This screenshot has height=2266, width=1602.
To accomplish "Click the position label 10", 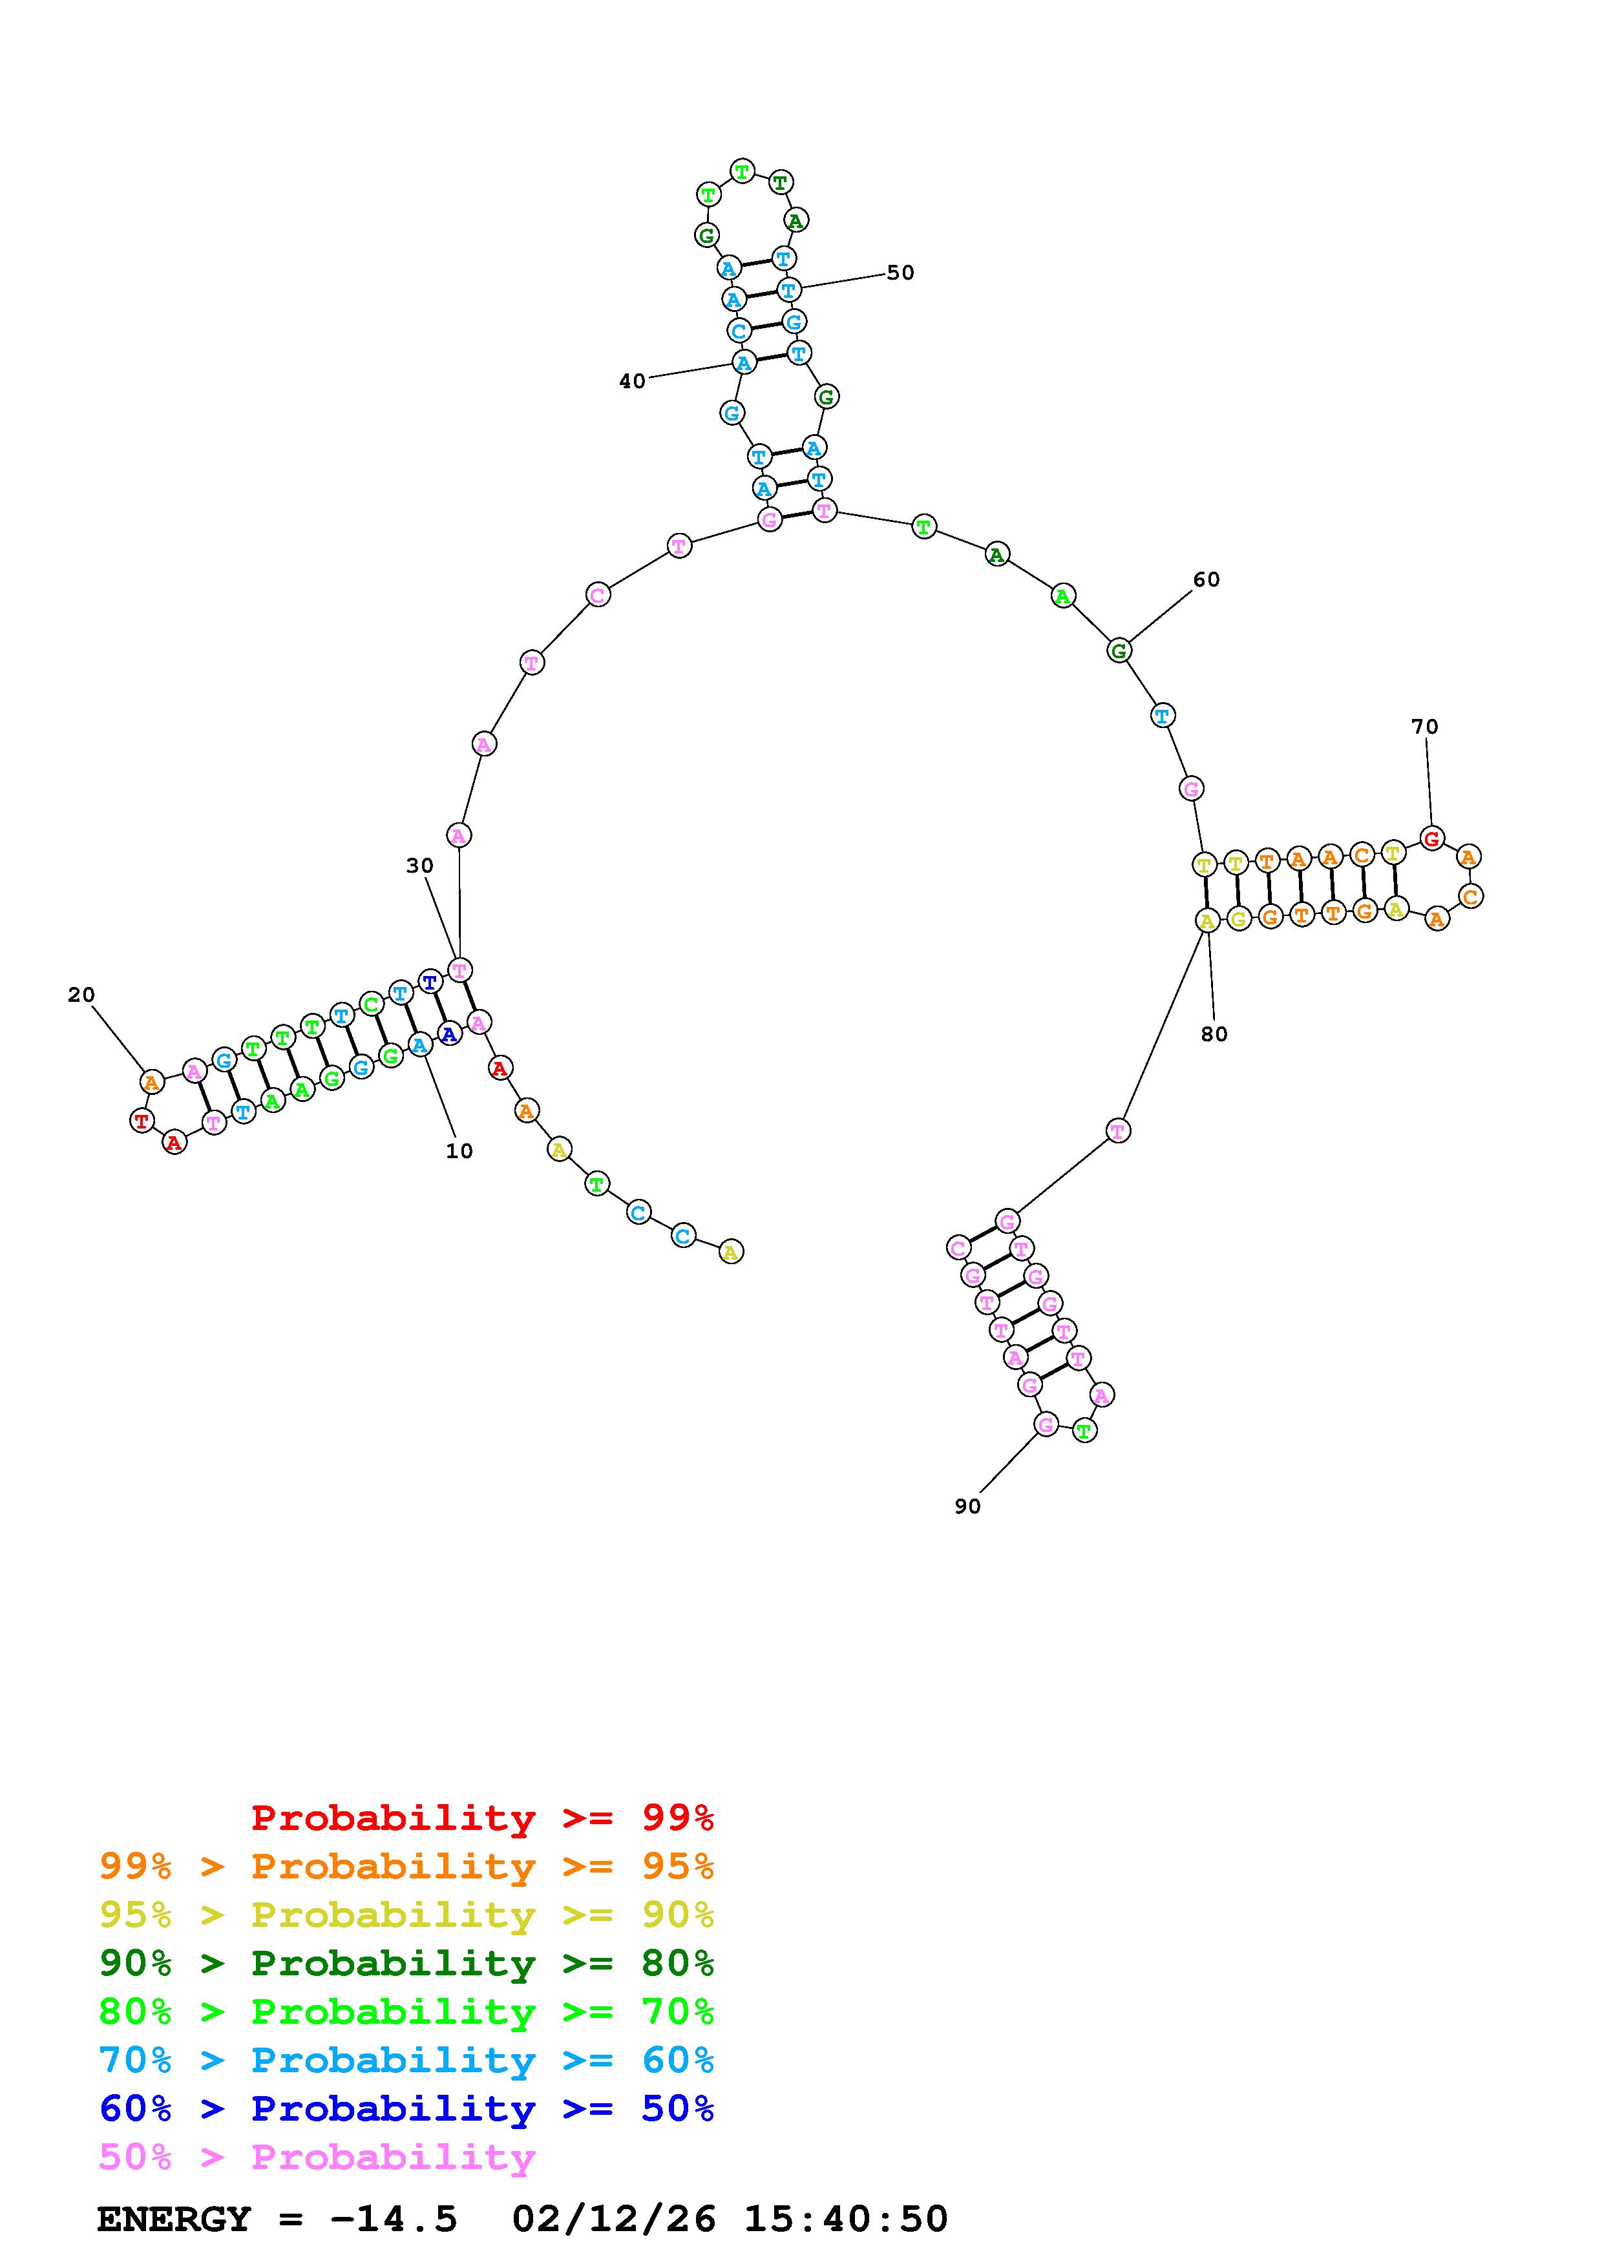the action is (459, 1151).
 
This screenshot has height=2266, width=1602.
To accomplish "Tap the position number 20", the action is (81, 995).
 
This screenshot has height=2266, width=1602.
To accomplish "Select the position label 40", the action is (632, 381).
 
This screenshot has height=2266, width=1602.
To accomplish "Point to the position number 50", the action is (900, 273).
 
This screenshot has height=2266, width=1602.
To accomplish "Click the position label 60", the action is (1207, 579).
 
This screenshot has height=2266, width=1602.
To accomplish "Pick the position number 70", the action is (1424, 727).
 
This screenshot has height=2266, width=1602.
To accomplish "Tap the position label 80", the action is (1214, 1034).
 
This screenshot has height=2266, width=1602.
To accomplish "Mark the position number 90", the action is (967, 1506).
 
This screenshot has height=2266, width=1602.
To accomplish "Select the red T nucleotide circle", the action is (142, 1120).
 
